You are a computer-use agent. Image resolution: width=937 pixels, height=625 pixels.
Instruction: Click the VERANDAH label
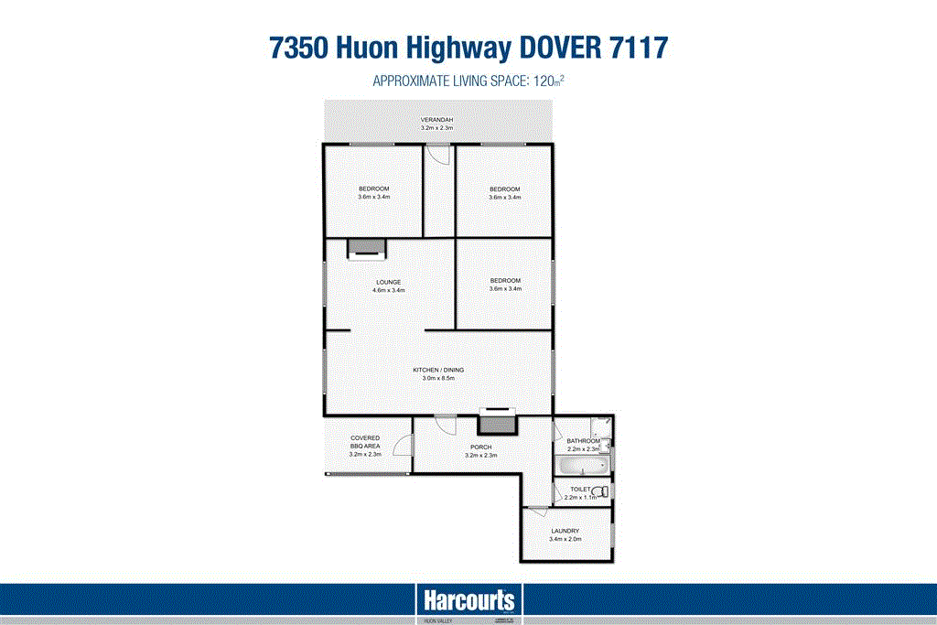point(436,120)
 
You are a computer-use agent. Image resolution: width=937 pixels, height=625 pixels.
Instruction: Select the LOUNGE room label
point(388,281)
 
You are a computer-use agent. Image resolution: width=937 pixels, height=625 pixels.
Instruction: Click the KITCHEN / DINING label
point(438,370)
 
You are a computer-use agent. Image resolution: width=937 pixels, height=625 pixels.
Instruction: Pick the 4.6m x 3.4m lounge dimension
point(388,290)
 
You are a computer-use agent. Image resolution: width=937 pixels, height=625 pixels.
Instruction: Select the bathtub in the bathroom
point(582,467)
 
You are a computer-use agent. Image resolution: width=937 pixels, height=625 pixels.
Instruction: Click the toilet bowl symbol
point(599,492)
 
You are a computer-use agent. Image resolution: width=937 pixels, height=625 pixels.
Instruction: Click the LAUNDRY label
point(565,531)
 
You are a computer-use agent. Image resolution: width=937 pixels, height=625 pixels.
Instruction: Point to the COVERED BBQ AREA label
point(364,442)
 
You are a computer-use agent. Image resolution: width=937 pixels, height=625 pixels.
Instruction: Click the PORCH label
point(480,447)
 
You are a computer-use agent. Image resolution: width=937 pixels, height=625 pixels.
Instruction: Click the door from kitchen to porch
point(446,425)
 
